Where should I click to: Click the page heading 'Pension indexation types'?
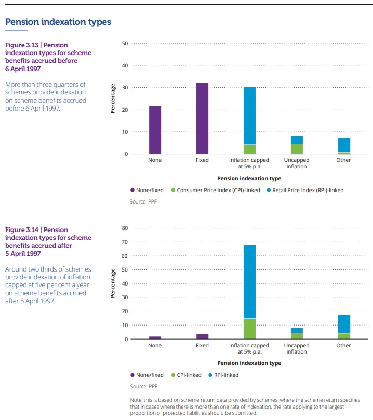58,22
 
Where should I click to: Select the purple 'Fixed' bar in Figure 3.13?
202,118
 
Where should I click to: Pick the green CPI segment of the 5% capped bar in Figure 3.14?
249,329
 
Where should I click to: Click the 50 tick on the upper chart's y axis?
125,44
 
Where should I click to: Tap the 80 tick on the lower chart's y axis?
125,228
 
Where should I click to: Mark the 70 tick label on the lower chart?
125,242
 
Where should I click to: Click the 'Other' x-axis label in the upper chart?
343,160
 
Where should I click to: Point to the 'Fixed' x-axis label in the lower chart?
202,346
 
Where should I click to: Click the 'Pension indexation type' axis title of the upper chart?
249,178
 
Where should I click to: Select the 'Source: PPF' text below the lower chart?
143,386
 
